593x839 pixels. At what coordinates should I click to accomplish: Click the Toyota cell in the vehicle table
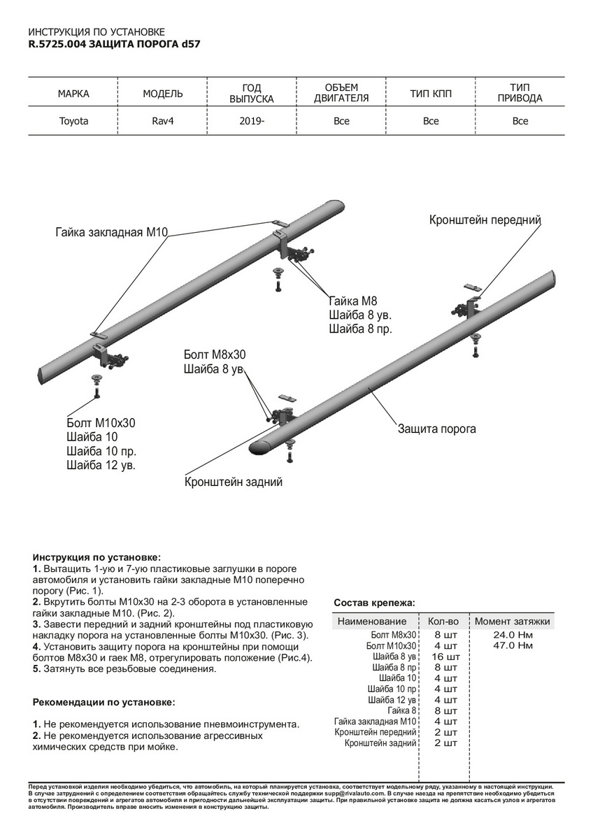73,121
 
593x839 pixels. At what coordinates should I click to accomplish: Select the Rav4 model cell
163,121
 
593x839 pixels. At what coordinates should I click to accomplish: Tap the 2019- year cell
252,121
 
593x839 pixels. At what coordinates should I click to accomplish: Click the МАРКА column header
73,93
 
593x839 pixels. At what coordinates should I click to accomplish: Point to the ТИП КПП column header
431,93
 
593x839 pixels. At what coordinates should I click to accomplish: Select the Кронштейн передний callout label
485,220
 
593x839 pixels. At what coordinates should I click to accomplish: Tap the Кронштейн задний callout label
234,482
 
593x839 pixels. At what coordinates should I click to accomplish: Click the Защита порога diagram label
437,428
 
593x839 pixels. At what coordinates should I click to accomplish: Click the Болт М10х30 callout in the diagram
101,422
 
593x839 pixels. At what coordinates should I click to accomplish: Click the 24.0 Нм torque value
513,635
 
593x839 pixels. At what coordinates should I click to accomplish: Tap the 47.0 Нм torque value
513,645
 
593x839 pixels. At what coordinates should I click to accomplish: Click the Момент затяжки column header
513,621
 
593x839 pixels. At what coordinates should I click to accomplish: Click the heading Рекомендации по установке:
103,702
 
